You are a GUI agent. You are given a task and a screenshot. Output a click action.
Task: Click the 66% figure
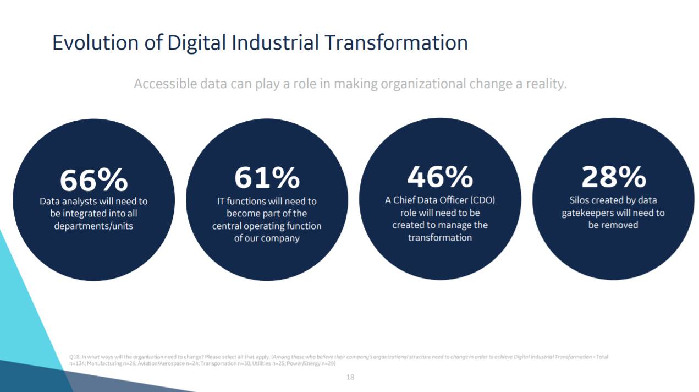[x=93, y=180]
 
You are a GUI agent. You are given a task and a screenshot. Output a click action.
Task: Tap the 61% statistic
[x=267, y=178]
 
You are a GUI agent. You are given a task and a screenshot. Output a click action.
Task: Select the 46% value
[x=440, y=177]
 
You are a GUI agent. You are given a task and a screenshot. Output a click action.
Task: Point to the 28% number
[x=613, y=177]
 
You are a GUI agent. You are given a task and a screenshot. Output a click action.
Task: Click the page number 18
[x=350, y=377]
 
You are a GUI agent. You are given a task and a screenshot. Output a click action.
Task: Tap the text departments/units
[x=93, y=226]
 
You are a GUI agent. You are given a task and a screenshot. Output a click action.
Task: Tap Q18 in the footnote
[x=75, y=357]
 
